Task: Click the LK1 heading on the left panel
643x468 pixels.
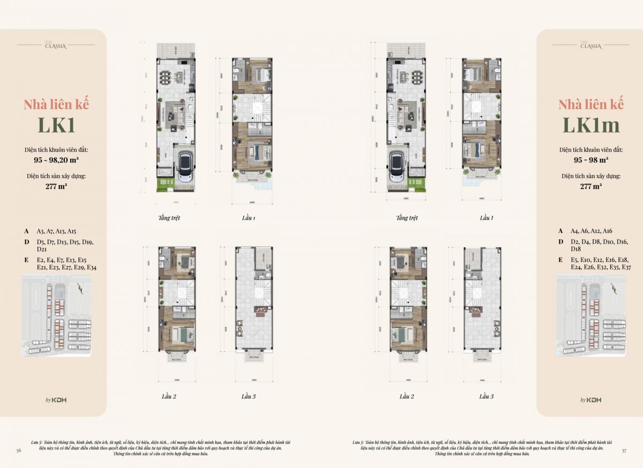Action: tap(56, 124)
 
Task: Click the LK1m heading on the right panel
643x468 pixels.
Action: tap(590, 124)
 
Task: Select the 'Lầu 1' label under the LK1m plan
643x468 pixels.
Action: tap(486, 218)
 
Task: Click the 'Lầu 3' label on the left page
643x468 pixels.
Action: tap(248, 397)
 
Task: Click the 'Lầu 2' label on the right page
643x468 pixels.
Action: tap(407, 397)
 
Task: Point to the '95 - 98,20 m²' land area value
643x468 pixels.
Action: tap(56, 159)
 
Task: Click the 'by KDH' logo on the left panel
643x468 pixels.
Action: tap(56, 400)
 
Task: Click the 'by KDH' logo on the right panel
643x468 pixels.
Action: tap(590, 400)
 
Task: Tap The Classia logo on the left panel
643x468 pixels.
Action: tap(56, 45)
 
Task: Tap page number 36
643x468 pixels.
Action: tap(19, 450)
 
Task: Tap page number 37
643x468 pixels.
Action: tap(624, 450)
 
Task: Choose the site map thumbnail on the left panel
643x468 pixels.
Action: tap(56, 315)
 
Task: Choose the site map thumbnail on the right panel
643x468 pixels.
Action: tap(590, 315)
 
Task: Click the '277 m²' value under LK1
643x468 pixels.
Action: tap(56, 187)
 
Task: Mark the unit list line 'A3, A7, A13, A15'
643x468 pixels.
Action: tap(57, 231)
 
